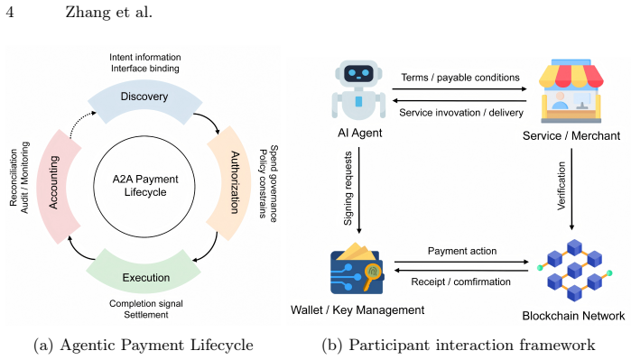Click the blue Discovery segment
tap(144, 99)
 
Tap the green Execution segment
tap(145, 273)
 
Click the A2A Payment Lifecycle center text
tap(144, 186)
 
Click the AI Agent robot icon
tap(358, 90)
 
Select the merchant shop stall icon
tap(571, 91)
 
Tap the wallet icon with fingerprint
tap(357, 268)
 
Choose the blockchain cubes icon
tap(574, 270)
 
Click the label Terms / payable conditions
tap(460, 78)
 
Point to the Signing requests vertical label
tap(348, 189)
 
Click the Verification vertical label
tap(561, 186)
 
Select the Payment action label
tap(462, 251)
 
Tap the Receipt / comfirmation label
tap(460, 282)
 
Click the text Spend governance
tap(274, 183)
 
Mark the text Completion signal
tap(146, 304)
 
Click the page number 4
tap(10, 12)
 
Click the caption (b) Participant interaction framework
tap(459, 345)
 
